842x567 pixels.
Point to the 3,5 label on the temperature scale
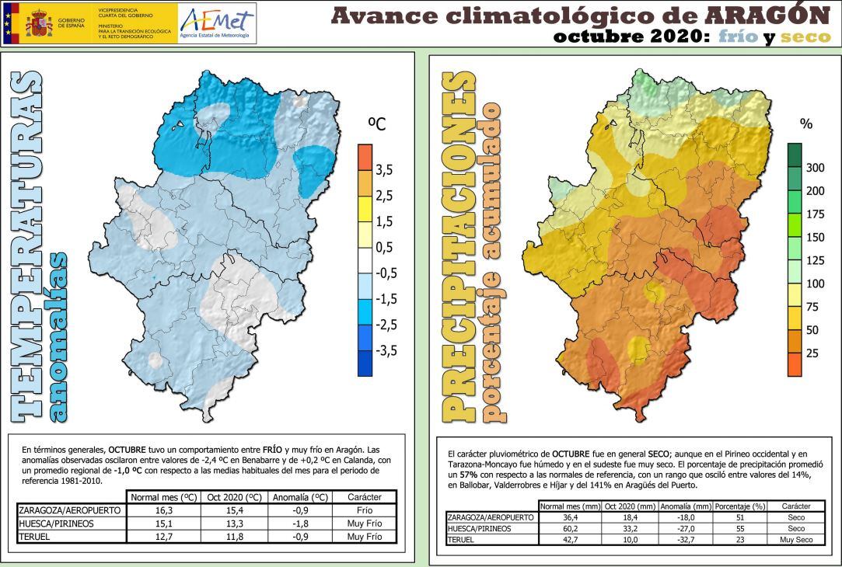tap(384, 169)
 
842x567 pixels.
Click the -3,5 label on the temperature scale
tap(386, 350)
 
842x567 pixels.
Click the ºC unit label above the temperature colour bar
tap(377, 124)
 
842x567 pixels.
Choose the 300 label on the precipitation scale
tap(814, 168)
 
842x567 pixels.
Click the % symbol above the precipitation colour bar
tap(806, 123)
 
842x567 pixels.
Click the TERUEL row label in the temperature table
tap(35, 536)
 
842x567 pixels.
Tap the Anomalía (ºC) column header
tap(299, 497)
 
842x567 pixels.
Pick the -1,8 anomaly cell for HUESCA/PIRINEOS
tap(299, 524)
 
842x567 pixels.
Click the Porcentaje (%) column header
tap(740, 506)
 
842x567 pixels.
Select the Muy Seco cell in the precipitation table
tap(795, 538)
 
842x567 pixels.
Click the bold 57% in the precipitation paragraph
tap(468, 474)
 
